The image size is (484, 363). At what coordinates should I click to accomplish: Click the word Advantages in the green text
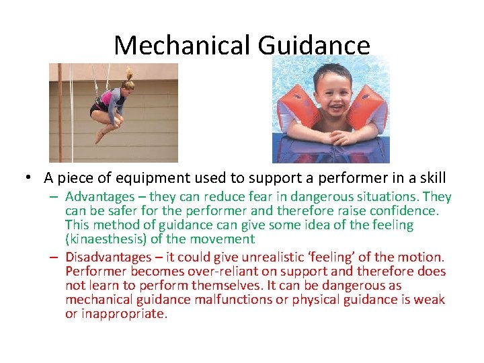[99, 197]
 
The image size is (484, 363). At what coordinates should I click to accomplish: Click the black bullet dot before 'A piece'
[29, 177]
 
